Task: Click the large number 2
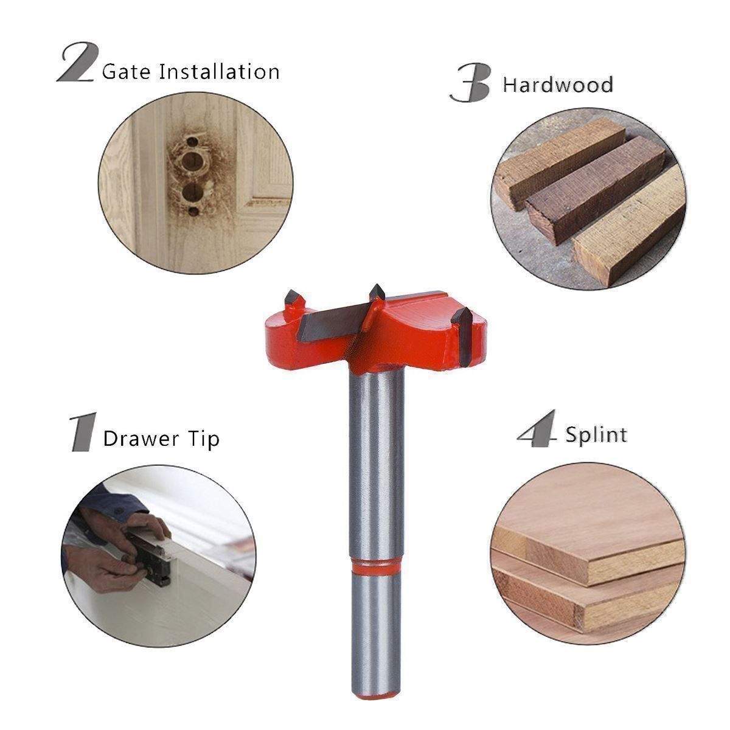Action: pos(78,62)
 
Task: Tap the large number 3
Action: pos(471,82)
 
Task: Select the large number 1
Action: pos(83,432)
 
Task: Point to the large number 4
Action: pos(537,428)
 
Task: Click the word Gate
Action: pos(126,71)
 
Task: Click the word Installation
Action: pos(219,71)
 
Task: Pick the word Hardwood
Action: pos(558,84)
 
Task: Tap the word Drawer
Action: pos(141,439)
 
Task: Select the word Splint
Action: pos(596,434)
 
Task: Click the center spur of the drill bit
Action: pos(377,293)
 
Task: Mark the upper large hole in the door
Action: pos(192,162)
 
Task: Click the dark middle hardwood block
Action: pos(595,189)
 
